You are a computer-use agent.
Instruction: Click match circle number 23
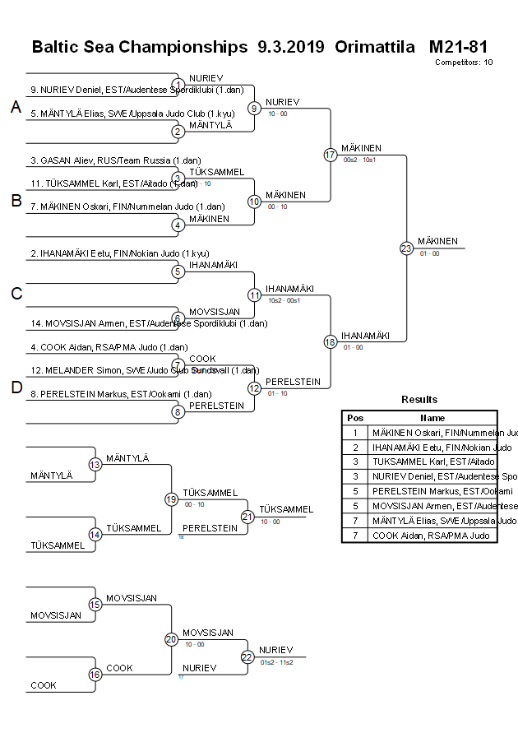point(405,248)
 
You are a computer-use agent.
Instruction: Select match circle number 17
point(331,154)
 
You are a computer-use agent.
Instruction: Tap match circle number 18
point(331,341)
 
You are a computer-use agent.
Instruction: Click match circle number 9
point(255,108)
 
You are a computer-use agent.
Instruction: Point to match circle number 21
point(247,516)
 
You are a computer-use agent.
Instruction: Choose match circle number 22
point(247,656)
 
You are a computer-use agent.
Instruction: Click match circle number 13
point(95,465)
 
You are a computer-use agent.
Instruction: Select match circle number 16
point(95,675)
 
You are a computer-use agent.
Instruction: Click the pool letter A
point(16,107)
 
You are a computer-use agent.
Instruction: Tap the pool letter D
point(16,387)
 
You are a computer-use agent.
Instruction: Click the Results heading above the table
point(419,399)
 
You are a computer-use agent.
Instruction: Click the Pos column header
point(355,418)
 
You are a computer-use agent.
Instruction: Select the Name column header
point(432,418)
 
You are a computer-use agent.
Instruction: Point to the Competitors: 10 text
point(464,63)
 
